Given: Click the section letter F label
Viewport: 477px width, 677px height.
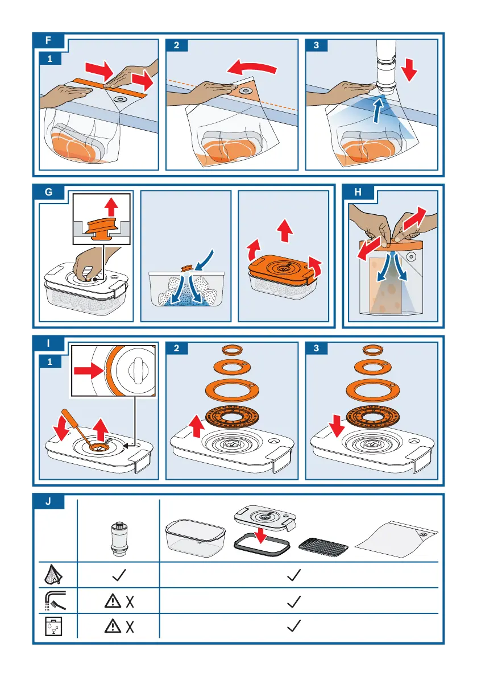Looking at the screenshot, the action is (x=48, y=40).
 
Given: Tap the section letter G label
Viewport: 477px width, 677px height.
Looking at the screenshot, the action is (x=48, y=192).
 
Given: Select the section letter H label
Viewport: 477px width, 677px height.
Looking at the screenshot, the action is (x=358, y=192).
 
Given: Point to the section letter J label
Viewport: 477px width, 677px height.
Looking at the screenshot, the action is (x=48, y=502).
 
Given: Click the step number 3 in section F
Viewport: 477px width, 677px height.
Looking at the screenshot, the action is (x=317, y=45).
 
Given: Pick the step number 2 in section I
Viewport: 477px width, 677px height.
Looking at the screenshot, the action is (x=177, y=348).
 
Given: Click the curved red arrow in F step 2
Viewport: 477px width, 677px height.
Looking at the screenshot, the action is (x=252, y=67).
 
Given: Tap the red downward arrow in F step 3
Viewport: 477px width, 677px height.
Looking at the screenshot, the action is (x=408, y=69).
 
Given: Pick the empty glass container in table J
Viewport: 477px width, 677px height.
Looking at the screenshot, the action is (x=196, y=538).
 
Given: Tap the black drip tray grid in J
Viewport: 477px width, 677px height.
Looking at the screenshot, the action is (x=323, y=546).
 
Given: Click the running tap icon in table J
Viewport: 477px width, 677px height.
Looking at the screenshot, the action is (x=55, y=601).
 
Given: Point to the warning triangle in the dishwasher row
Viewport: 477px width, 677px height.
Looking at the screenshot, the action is (x=113, y=626).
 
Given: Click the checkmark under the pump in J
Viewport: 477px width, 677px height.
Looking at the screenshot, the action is (x=119, y=575).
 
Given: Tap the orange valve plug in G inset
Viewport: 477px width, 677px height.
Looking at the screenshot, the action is (x=101, y=227).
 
